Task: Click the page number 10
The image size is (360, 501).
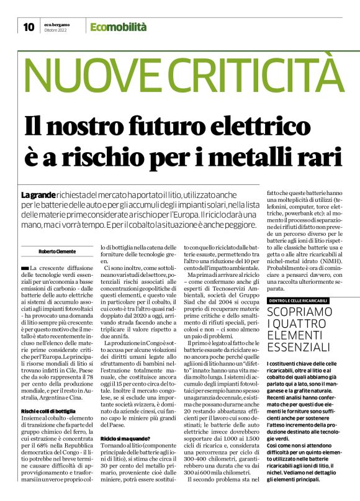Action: pos(29,27)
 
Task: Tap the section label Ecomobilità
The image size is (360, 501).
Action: pos(118,27)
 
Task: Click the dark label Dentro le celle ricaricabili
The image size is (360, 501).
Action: pos(298,300)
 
